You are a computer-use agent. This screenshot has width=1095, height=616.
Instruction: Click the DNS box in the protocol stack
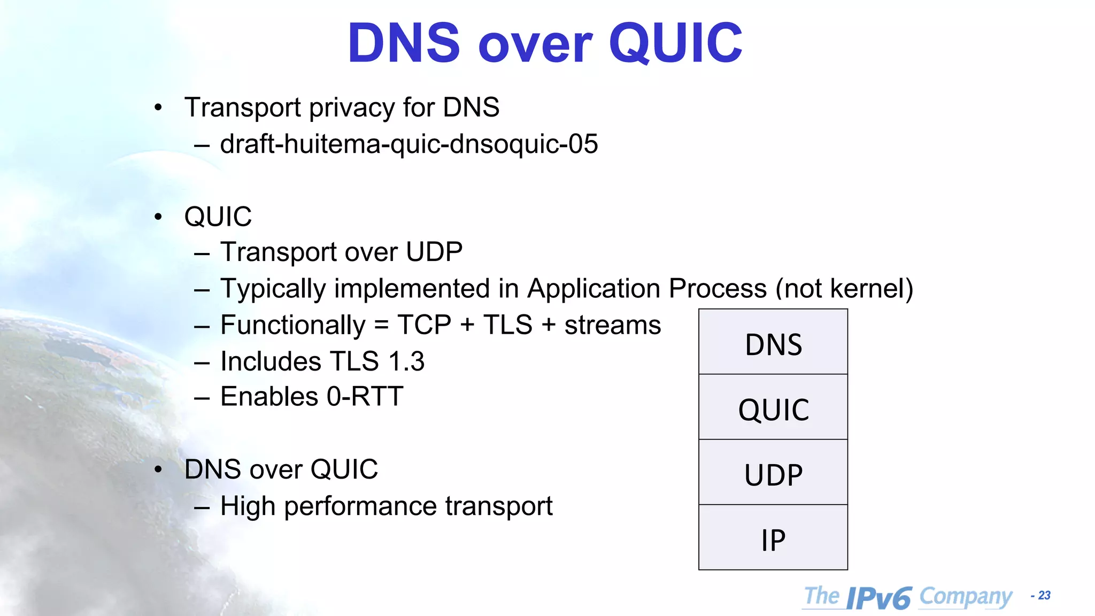773,342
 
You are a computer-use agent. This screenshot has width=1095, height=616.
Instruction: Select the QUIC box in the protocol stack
773,407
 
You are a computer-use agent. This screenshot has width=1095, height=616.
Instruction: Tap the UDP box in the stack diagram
773,473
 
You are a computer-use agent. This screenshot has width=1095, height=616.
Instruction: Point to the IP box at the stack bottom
773,538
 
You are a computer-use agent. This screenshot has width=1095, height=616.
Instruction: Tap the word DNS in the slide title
404,43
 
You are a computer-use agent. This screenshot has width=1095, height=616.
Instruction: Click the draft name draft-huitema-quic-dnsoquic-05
409,144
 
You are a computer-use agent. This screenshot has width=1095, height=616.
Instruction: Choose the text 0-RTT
365,397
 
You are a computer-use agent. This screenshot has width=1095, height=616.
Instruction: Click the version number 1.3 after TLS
406,361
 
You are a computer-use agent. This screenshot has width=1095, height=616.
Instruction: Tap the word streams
613,325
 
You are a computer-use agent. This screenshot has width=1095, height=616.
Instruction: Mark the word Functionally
293,325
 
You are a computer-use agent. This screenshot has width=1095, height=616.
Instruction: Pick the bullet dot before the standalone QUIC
158,217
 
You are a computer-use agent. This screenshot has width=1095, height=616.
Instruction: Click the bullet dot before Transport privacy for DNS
158,108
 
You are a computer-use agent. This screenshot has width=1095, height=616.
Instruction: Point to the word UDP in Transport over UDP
434,252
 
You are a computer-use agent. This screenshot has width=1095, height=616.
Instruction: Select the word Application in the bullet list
593,289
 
